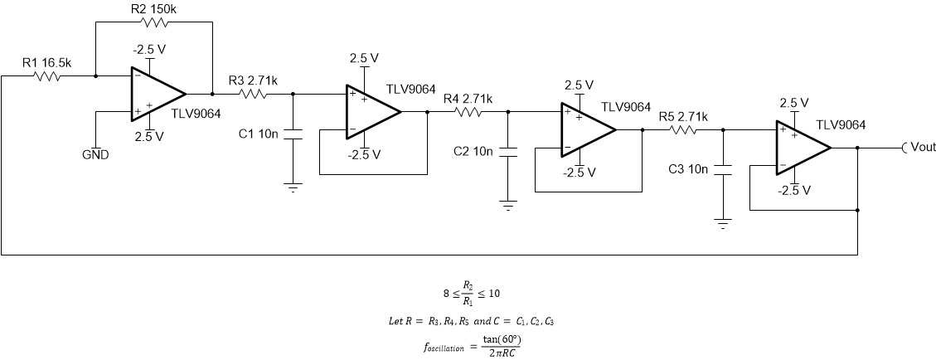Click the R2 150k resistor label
153,9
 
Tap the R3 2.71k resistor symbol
253,94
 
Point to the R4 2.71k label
468,99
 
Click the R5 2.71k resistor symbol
683,129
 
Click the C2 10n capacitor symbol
508,152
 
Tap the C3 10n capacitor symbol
723,169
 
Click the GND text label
95,155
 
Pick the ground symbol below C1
293,188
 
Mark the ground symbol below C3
723,223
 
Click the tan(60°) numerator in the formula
502,339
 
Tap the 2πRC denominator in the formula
502,353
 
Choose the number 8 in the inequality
446,293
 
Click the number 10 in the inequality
494,293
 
